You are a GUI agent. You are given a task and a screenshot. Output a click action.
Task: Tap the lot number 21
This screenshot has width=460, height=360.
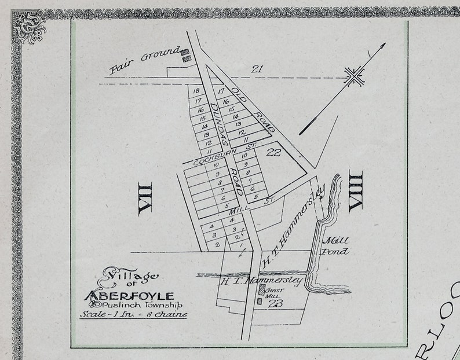[x=257, y=69]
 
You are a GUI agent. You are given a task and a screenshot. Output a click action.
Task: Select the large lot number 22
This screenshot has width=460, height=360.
[x=273, y=152]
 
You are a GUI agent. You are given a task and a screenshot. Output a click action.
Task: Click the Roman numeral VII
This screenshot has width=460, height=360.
[x=145, y=199]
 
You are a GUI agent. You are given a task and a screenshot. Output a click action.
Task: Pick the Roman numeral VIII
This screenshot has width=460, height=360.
[x=355, y=192]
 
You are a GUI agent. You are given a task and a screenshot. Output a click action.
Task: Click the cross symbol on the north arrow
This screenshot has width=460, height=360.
[x=353, y=75]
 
